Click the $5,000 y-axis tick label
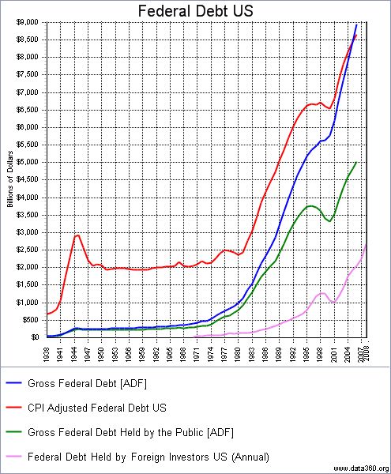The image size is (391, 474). (29, 162)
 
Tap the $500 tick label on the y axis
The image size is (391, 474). (32, 320)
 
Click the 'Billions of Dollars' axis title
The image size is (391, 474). (10, 179)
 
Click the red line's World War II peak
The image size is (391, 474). (77, 235)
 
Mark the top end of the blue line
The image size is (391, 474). (356, 24)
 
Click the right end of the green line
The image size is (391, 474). (356, 162)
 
